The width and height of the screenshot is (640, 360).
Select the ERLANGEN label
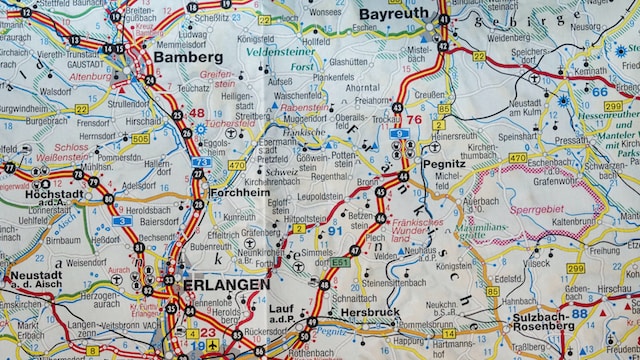pos(226,285)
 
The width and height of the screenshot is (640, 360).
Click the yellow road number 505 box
pos(140,139)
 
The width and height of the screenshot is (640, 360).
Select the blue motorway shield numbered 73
pos(201,162)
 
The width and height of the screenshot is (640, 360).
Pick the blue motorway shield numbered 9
pos(400,133)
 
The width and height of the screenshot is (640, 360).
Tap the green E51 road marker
pos(341,262)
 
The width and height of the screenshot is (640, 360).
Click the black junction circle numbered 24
pos(149,80)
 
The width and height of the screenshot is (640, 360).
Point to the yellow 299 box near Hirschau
pos(575,268)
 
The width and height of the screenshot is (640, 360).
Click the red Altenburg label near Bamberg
pos(90,76)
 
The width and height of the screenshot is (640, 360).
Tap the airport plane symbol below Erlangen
pos(212,345)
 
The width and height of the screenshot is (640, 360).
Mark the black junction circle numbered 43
pos(397,107)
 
